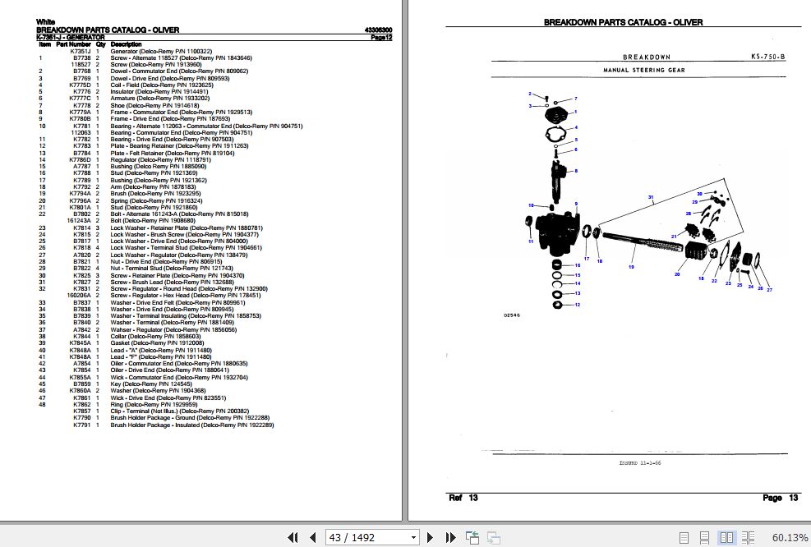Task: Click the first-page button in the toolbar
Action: (x=292, y=537)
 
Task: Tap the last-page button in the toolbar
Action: (x=451, y=537)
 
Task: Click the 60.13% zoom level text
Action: (x=790, y=537)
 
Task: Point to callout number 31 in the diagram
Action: (x=650, y=197)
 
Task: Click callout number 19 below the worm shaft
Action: (x=632, y=268)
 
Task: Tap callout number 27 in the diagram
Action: (x=769, y=290)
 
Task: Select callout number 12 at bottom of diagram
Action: (x=578, y=305)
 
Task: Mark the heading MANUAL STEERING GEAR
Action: (x=644, y=71)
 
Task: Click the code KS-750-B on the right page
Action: (x=767, y=57)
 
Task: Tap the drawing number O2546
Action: (x=512, y=315)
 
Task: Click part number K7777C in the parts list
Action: (x=81, y=99)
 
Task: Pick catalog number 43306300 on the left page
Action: (x=378, y=30)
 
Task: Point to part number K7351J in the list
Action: (x=81, y=51)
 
